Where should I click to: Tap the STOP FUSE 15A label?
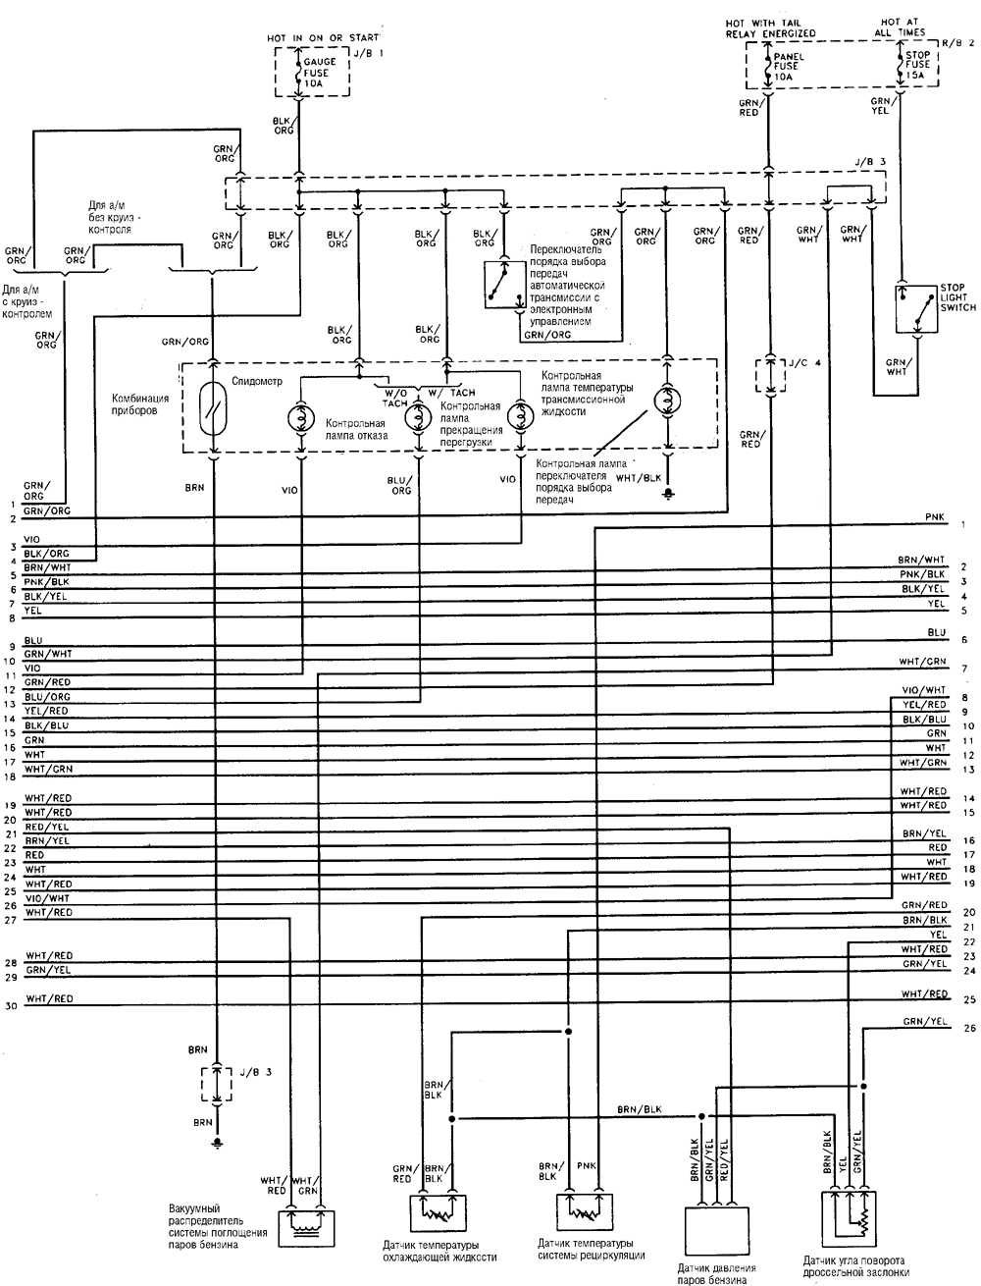916,65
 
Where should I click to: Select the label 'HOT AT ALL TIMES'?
903,27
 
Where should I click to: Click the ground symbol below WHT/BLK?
668,492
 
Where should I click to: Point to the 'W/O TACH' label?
395,398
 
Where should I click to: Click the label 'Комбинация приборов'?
139,403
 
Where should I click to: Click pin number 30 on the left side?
11,1006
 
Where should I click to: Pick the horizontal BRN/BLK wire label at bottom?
639,1109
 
